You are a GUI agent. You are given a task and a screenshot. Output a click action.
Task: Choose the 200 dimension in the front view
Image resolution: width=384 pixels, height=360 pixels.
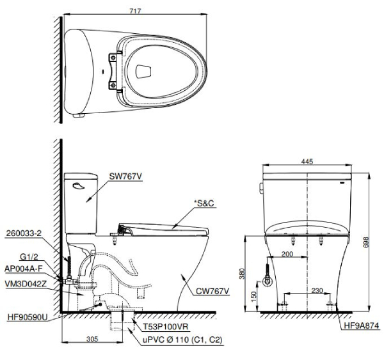click(x=287, y=255)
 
